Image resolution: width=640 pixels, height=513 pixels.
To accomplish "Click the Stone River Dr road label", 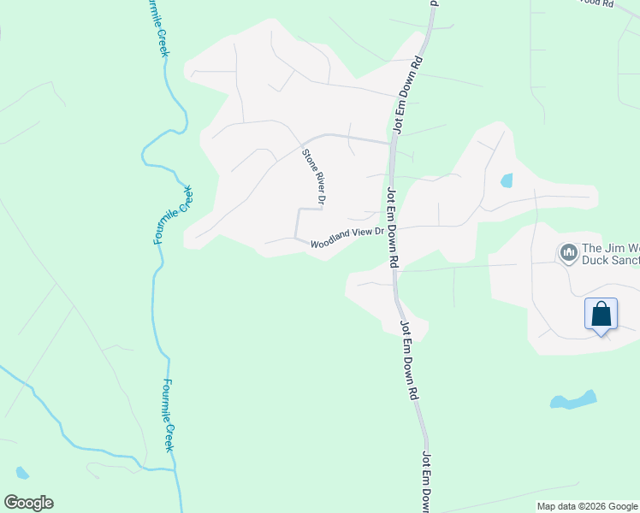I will point(315,177).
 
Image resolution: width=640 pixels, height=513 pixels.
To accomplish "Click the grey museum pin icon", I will point(567,252).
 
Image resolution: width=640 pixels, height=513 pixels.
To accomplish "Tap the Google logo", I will point(28,503).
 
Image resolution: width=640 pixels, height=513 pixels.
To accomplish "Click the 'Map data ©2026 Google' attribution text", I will point(588,506).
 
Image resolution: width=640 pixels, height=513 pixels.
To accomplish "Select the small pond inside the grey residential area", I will point(506,180).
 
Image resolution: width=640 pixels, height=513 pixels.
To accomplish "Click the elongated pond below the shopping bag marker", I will point(573,400).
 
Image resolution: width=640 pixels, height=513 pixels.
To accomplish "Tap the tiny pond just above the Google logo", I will point(21,472).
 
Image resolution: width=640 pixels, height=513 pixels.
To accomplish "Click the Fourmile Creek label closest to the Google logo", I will point(169,415).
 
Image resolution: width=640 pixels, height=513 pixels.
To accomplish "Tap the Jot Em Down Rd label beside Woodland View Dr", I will point(392,227).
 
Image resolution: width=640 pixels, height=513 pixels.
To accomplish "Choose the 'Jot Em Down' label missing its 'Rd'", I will point(425,484).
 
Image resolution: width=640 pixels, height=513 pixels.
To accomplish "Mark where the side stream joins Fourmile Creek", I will point(175,469).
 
